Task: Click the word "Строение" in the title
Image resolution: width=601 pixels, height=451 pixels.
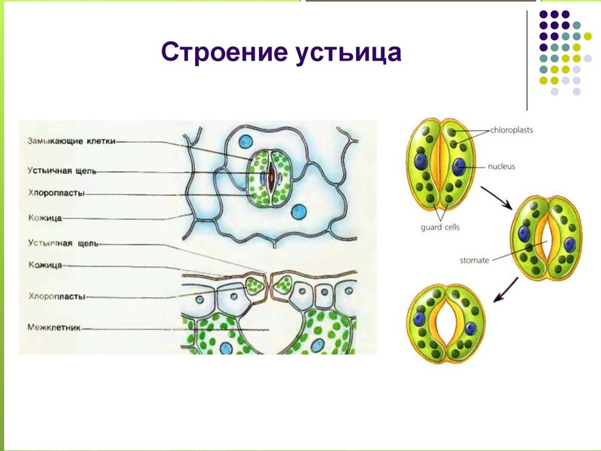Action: tap(224, 52)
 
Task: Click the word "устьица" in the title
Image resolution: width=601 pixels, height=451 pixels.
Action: tap(348, 52)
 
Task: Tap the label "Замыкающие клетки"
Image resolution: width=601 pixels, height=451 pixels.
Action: tap(71, 141)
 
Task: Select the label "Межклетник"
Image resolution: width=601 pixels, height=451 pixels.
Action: tap(54, 328)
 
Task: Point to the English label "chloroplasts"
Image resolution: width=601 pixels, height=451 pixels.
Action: tap(511, 130)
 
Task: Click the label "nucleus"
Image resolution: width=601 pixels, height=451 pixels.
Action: tap(501, 167)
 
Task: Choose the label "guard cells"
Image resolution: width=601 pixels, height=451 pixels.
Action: tap(440, 228)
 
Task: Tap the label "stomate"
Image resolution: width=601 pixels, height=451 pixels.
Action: tap(474, 260)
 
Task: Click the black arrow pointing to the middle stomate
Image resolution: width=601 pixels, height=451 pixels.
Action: tap(497, 198)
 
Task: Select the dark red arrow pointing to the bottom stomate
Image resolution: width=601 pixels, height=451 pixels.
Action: tap(505, 290)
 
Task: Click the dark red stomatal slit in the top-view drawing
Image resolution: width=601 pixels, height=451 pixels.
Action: tap(271, 176)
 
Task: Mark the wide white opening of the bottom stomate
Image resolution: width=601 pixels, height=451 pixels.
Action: tap(446, 324)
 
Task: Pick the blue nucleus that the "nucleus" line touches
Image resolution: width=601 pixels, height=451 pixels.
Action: tap(459, 167)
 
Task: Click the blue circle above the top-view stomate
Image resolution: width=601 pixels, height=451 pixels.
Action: tap(246, 142)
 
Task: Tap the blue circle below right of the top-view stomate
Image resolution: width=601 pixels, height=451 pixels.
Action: tap(299, 212)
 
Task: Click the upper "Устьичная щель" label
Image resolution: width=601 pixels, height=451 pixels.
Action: tap(62, 171)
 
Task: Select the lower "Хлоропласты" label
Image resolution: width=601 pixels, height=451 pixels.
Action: tap(57, 296)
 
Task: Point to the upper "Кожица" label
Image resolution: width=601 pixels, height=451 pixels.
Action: tap(45, 218)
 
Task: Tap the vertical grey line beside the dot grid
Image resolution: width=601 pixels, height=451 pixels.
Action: tap(527, 60)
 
